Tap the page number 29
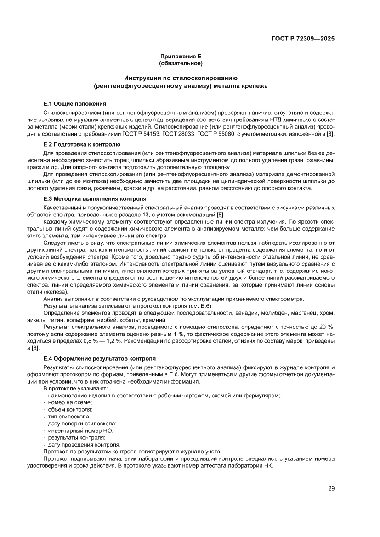331,488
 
